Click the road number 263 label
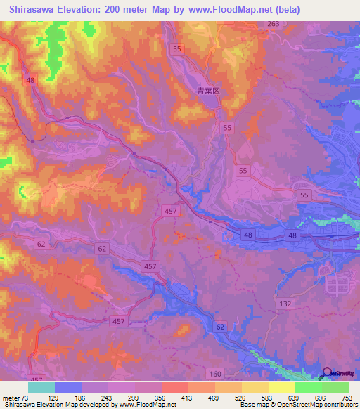[273, 24]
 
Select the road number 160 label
[216, 372]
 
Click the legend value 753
[346, 398]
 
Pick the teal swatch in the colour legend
[41, 387]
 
